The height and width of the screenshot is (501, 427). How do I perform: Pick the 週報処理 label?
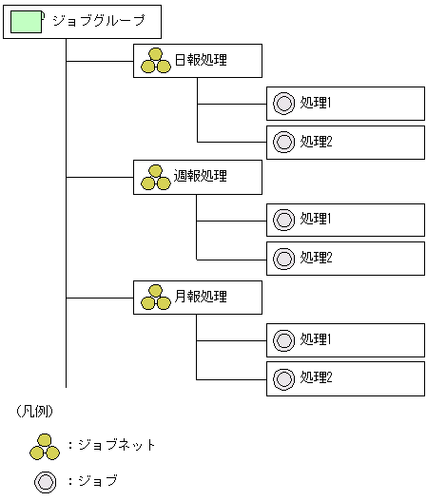pyautogui.click(x=201, y=178)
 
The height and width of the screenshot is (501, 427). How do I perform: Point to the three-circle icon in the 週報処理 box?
pyautogui.click(x=155, y=178)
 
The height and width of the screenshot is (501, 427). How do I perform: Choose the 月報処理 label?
pyautogui.click(x=201, y=297)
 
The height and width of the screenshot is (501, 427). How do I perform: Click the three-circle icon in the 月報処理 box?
pyautogui.click(x=155, y=297)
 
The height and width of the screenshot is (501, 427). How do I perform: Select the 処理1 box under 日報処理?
pyautogui.click(x=345, y=103)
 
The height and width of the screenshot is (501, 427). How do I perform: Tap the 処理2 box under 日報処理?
pyautogui.click(x=345, y=142)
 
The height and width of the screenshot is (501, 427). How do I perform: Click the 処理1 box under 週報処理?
pyautogui.click(x=345, y=219)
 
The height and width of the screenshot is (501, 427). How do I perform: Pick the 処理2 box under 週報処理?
pyautogui.click(x=345, y=258)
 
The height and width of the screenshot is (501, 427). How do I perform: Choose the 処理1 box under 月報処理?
pyautogui.click(x=345, y=338)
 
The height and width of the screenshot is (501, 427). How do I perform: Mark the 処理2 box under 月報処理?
pyautogui.click(x=345, y=377)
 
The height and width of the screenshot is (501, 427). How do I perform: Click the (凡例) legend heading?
pyautogui.click(x=33, y=412)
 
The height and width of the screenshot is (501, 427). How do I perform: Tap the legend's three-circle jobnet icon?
pyautogui.click(x=45, y=444)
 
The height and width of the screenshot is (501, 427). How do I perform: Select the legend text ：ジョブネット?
pyautogui.click(x=112, y=444)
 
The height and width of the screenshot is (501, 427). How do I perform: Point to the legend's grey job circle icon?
pyautogui.click(x=45, y=481)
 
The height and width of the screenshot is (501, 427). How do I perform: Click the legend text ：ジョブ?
pyautogui.click(x=93, y=481)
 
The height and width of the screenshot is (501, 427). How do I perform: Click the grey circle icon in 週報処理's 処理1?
pyautogui.click(x=283, y=219)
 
